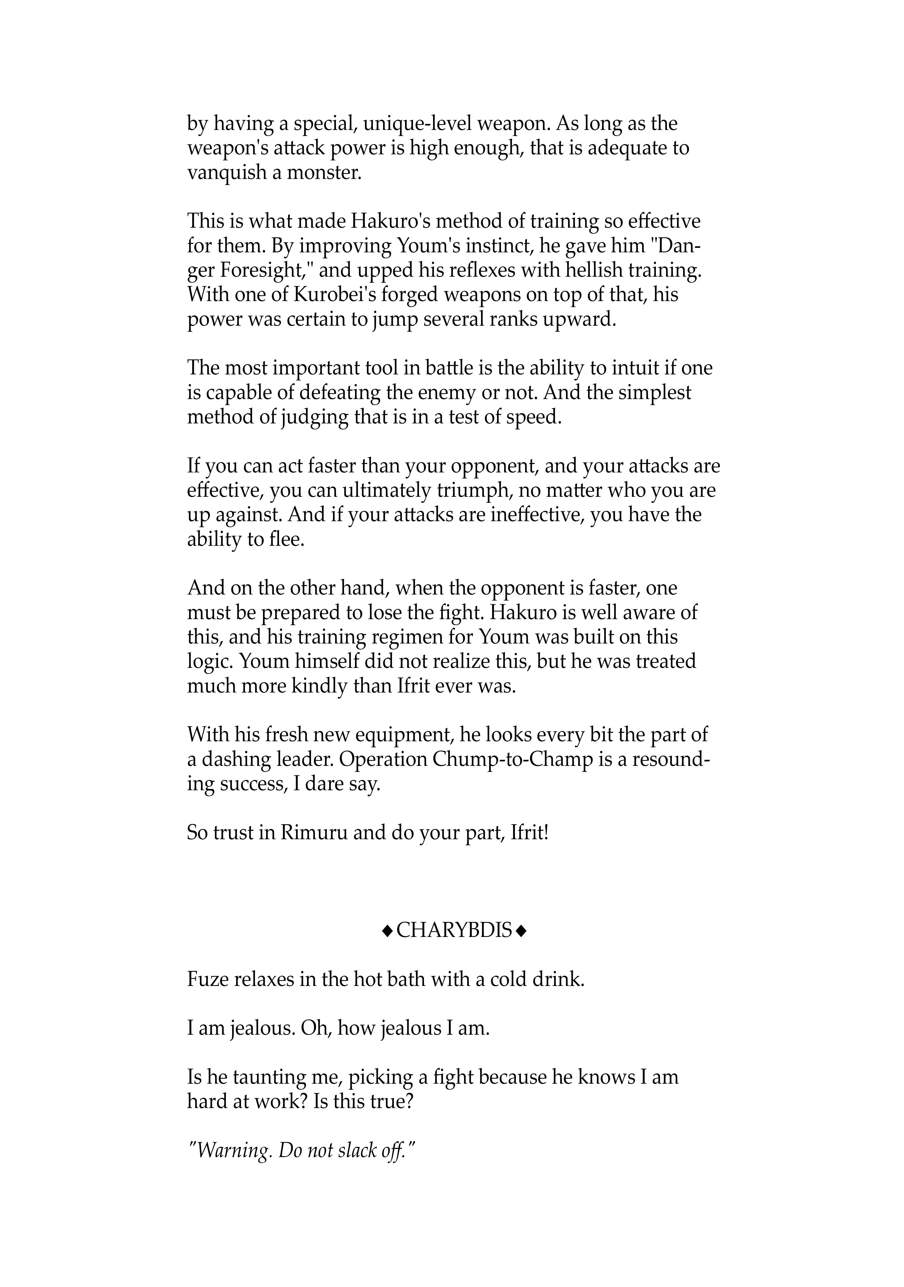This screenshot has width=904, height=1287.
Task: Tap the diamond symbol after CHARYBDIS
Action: tap(521, 932)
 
